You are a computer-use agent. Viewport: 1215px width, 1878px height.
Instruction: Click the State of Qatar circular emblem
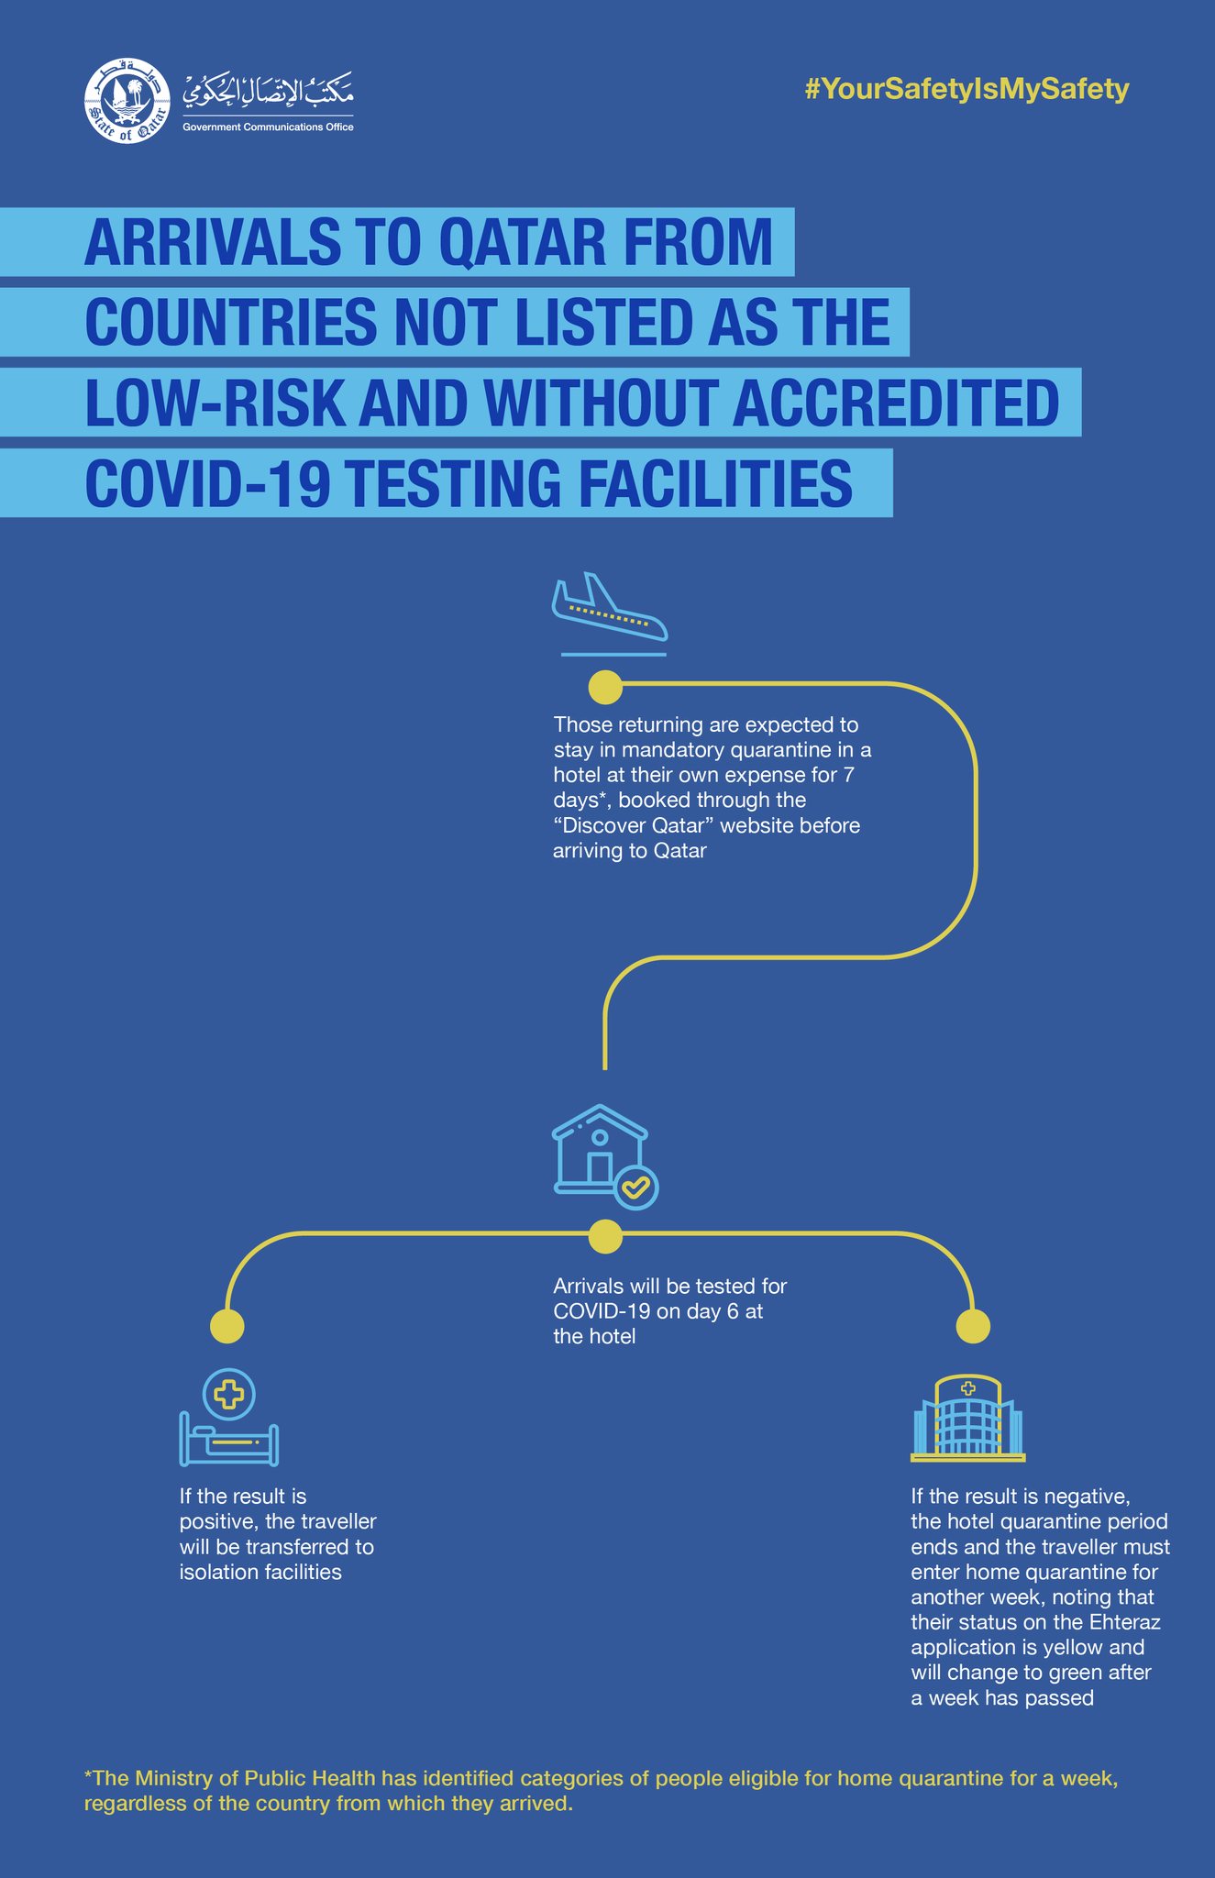[x=127, y=101]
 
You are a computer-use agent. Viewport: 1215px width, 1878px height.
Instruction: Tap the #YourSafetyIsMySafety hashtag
[x=966, y=89]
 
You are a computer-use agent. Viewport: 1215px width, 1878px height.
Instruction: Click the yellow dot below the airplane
[x=605, y=686]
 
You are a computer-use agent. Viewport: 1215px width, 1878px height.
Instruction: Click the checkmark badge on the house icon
[x=635, y=1188]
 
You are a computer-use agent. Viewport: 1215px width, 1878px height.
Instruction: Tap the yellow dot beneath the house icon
[x=605, y=1236]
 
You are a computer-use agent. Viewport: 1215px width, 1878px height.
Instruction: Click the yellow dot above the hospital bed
[x=227, y=1325]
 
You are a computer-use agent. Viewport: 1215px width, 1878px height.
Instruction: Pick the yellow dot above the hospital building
[x=973, y=1325]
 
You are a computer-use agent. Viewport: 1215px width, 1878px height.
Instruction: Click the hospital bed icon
[x=229, y=1444]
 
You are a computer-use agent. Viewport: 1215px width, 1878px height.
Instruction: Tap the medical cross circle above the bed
[x=229, y=1395]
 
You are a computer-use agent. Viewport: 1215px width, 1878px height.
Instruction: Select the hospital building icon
[x=967, y=1419]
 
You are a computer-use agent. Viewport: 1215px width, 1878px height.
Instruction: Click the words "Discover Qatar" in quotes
[x=633, y=825]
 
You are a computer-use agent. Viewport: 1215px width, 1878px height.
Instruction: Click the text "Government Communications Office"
[x=268, y=127]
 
